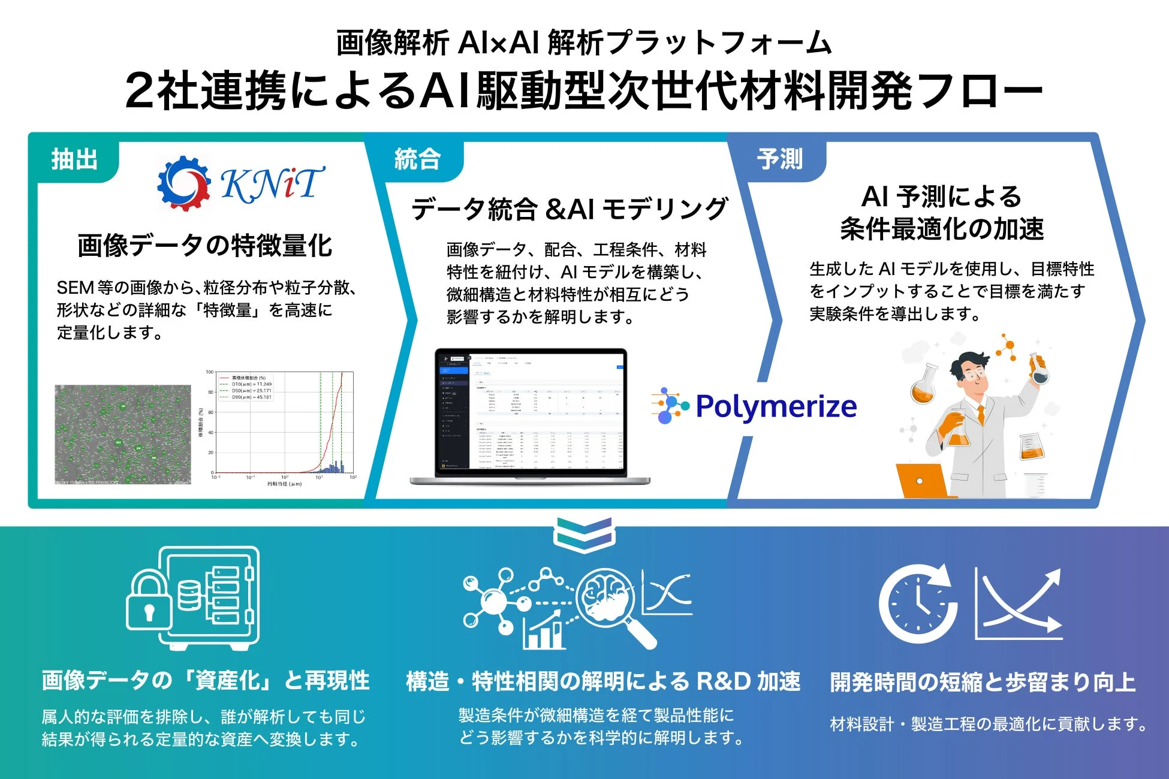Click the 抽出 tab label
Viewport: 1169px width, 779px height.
(x=74, y=160)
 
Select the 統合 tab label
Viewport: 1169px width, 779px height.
(x=417, y=160)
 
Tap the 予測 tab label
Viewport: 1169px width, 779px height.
(x=779, y=160)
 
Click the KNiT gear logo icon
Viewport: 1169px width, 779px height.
(x=183, y=183)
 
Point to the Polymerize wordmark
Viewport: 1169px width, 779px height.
(x=776, y=407)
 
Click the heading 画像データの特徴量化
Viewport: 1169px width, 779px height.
(x=204, y=246)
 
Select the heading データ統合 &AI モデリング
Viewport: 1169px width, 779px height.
(x=570, y=209)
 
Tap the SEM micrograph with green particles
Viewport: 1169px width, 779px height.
(x=122, y=434)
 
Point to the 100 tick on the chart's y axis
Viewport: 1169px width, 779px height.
(x=210, y=372)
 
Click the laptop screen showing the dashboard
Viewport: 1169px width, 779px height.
(x=531, y=412)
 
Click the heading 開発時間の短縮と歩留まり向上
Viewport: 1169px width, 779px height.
(x=983, y=683)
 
